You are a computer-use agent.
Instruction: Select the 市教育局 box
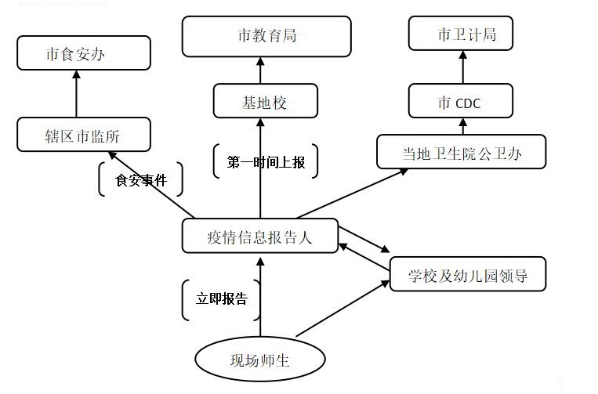266,36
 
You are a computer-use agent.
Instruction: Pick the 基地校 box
266,101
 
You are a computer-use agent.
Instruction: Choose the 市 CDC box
459,103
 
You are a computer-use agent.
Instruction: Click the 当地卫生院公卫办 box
460,152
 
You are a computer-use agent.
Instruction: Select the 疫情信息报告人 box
260,236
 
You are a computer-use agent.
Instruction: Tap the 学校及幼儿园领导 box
466,274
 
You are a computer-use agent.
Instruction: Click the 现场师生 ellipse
259,360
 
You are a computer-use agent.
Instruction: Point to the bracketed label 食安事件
141,180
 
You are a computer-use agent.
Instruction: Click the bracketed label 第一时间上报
266,162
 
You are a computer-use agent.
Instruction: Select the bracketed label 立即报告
221,299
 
